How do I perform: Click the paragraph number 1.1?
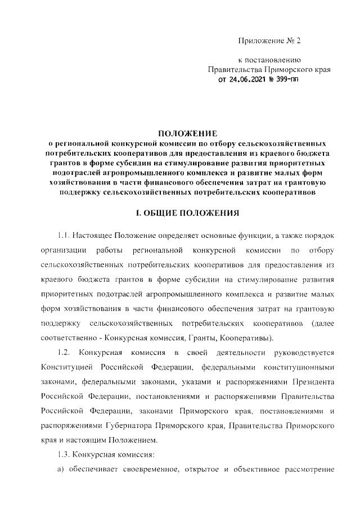coord(66,234)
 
